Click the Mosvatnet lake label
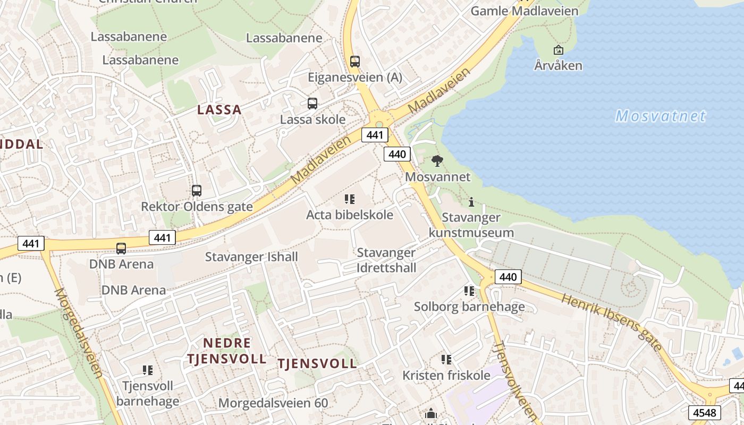[x=661, y=116]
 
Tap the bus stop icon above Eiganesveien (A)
[x=355, y=62]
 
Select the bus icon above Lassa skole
[x=312, y=104]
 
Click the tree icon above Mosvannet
[x=437, y=160]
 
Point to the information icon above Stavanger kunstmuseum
[x=471, y=202]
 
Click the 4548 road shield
[x=705, y=412]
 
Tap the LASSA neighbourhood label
[x=219, y=110]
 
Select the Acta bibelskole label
[x=350, y=215]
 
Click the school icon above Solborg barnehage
[x=469, y=291]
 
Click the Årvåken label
[x=558, y=66]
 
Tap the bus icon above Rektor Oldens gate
[x=197, y=190]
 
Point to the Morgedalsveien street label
[x=78, y=333]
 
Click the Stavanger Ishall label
[x=251, y=257]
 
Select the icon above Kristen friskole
[x=446, y=360]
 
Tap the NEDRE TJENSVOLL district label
[x=227, y=351]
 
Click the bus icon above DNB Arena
[x=121, y=248]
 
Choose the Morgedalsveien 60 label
[x=273, y=403]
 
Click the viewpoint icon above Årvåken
[x=558, y=50]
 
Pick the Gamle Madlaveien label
[x=525, y=11]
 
